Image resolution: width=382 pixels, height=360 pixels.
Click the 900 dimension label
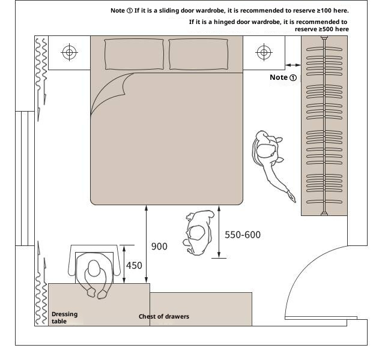(x=159, y=247)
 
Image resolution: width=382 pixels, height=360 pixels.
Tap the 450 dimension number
(x=134, y=265)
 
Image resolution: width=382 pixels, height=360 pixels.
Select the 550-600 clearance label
(x=243, y=235)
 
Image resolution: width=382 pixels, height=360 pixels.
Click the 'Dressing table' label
(x=64, y=317)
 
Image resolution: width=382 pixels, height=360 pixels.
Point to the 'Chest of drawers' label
(x=164, y=316)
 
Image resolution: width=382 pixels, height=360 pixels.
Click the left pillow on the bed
(x=134, y=54)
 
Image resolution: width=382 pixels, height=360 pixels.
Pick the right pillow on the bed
(x=199, y=54)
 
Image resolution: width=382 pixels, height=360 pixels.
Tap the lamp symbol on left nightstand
(x=70, y=52)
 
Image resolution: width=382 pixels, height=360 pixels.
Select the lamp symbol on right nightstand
(x=264, y=52)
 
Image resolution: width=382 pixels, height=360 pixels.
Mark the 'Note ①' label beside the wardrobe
(x=283, y=77)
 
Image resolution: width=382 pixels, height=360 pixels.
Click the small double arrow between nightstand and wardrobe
(x=293, y=65)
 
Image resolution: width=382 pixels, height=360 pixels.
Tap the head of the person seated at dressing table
(x=94, y=268)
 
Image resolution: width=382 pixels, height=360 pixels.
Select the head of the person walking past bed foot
(x=196, y=233)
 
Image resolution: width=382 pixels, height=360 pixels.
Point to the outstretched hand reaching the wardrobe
(x=292, y=197)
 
